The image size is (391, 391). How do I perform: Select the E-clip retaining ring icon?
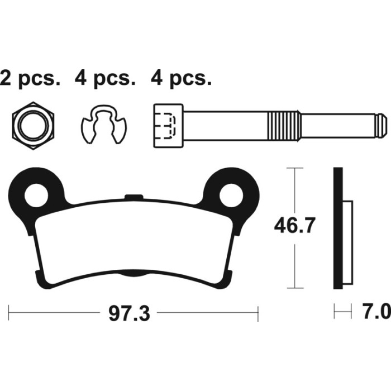click(x=104, y=124)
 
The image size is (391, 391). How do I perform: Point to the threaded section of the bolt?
click(x=284, y=124)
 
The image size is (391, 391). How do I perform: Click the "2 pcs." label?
click(x=30, y=79)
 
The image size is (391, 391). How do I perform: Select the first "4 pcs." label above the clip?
click(x=105, y=79)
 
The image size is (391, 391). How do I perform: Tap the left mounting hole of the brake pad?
click(x=37, y=195)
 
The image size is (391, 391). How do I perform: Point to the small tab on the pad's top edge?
click(x=132, y=196)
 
